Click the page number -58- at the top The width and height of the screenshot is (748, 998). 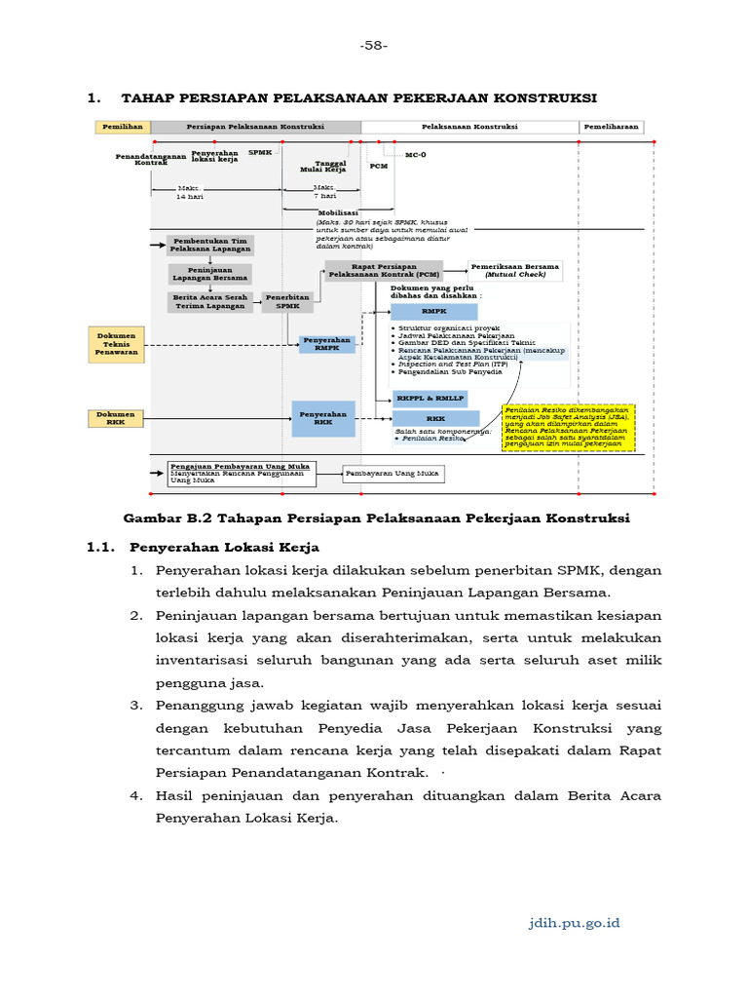374,45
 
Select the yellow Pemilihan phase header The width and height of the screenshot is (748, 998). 122,127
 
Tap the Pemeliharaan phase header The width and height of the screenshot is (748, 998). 612,127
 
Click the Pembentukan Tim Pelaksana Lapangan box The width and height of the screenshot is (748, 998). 211,245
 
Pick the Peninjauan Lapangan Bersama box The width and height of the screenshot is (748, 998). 211,274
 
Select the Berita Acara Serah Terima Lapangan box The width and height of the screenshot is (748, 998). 211,302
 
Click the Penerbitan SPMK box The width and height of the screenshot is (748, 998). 287,302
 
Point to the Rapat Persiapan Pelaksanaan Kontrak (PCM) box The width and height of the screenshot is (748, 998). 384,271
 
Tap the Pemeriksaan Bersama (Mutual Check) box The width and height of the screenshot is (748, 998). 515,271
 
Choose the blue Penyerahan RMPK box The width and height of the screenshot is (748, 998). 326,344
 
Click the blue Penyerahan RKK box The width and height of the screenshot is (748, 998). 323,418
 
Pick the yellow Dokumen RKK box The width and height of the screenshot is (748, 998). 117,418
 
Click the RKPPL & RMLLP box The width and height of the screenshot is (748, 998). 430,399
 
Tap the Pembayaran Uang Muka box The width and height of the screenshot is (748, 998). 393,474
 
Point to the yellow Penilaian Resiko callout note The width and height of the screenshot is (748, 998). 568,428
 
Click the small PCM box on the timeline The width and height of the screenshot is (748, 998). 378,167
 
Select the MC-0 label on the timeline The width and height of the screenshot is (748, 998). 415,155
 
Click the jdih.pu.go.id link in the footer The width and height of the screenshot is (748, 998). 574,922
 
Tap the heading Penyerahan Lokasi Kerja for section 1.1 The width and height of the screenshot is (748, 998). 225,547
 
